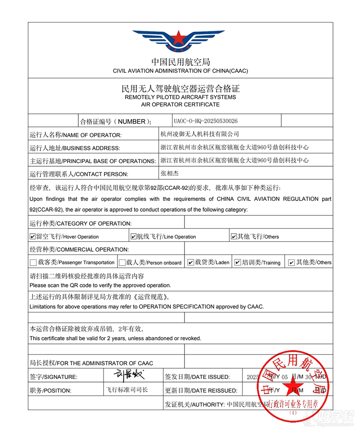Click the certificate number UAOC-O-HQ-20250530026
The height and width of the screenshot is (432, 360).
pyautogui.click(x=205, y=121)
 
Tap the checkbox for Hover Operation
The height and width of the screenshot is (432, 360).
pyautogui.click(x=32, y=236)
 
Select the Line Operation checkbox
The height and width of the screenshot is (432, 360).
pyautogui.click(x=133, y=236)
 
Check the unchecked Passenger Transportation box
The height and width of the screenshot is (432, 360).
pyautogui.click(x=33, y=263)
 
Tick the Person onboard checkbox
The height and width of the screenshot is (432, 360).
pyautogui.click(x=122, y=263)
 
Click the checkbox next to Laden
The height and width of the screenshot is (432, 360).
pyautogui.click(x=191, y=263)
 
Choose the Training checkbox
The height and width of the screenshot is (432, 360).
pyautogui.click(x=238, y=263)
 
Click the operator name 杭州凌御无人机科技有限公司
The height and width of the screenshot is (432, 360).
pyautogui.click(x=200, y=134)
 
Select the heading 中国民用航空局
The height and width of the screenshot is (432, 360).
pyautogui.click(x=180, y=62)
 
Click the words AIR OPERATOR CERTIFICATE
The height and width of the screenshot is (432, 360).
pyautogui.click(x=180, y=104)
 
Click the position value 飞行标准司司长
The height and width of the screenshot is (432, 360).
pyautogui.click(x=126, y=390)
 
